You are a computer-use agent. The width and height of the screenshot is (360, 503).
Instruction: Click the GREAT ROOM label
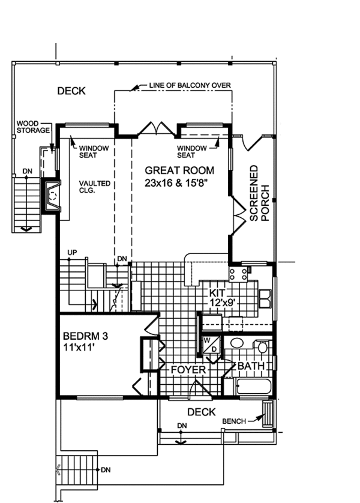pyautogui.click(x=179, y=170)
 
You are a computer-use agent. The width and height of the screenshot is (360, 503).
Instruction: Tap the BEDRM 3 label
pyautogui.click(x=85, y=336)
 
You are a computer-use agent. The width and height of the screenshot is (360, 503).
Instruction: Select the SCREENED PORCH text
pyautogui.click(x=259, y=193)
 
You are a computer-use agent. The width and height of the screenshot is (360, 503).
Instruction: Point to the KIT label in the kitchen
pyautogui.click(x=217, y=293)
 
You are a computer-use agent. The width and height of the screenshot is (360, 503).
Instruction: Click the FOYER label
pyautogui.click(x=188, y=370)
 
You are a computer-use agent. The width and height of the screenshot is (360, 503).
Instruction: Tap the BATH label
pyautogui.click(x=251, y=366)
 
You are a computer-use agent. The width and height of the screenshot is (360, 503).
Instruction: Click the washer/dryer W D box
pyautogui.click(x=211, y=344)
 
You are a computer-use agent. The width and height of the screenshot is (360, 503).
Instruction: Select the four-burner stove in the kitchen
pyautogui.click(x=238, y=274)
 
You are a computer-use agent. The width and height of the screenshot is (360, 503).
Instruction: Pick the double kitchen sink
pyautogui.click(x=265, y=299)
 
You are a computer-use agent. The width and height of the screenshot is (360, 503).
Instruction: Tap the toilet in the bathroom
pyautogui.click(x=262, y=346)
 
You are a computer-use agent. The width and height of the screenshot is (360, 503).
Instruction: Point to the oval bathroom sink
pyautogui.click(x=238, y=343)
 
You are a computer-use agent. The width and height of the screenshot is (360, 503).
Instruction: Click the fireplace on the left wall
pyautogui.click(x=51, y=195)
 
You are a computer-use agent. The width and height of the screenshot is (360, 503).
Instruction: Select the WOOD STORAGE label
pyautogui.click(x=33, y=127)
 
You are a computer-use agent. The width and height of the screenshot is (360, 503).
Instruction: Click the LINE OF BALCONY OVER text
pyautogui.click(x=190, y=85)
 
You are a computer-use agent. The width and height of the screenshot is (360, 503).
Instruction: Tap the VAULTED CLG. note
pyautogui.click(x=95, y=187)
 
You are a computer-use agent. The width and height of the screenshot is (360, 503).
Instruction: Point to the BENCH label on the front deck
pyautogui.click(x=234, y=421)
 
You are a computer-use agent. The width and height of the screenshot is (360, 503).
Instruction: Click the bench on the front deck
pyautogui.click(x=268, y=414)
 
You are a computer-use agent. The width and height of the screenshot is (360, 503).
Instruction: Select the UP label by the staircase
pyautogui.click(x=72, y=253)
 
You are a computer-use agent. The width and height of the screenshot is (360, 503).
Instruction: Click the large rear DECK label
pyautogui.click(x=71, y=91)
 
